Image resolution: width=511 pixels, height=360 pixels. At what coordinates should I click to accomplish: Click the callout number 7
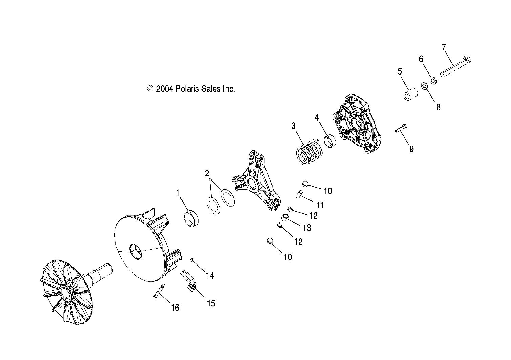pyautogui.click(x=444, y=47)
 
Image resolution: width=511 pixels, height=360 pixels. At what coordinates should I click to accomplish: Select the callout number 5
pyautogui.click(x=400, y=71)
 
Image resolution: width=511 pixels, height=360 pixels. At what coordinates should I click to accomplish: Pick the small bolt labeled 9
pyautogui.click(x=401, y=128)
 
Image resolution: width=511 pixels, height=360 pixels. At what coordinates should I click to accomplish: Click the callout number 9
pyautogui.click(x=411, y=149)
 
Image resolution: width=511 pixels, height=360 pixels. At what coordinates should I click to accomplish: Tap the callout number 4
pyautogui.click(x=316, y=118)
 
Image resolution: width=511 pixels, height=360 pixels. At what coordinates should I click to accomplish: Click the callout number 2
pyautogui.click(x=207, y=174)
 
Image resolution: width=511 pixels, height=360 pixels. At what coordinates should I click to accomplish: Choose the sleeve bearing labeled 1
pyautogui.click(x=191, y=219)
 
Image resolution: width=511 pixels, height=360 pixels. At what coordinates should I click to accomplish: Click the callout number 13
pyautogui.click(x=307, y=228)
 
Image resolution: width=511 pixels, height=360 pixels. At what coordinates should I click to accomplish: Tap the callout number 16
pyautogui.click(x=175, y=308)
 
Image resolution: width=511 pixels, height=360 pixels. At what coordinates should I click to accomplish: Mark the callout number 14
pyautogui.click(x=210, y=276)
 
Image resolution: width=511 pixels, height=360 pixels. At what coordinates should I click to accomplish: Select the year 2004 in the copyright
pyautogui.click(x=165, y=89)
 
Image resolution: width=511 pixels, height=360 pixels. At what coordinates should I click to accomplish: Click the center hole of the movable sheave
pyautogui.click(x=135, y=252)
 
